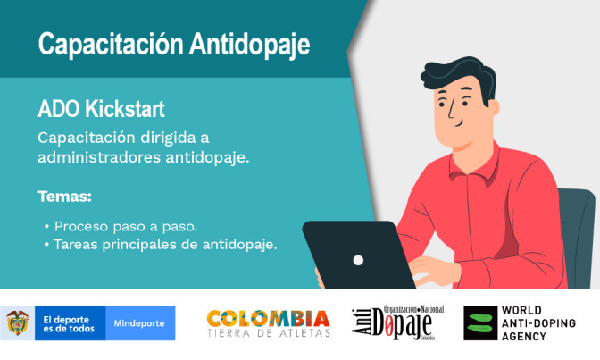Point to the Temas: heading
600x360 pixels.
coord(64,196)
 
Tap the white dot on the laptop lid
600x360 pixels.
coord(358,261)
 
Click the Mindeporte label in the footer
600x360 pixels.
coord(139,322)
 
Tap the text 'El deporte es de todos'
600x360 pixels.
coord(67,322)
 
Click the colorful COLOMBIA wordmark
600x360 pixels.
coord(268,318)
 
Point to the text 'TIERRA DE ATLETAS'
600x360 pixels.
coord(268,334)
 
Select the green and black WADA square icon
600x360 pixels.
coord(479,323)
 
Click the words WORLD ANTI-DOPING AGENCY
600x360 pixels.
coord(538,323)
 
